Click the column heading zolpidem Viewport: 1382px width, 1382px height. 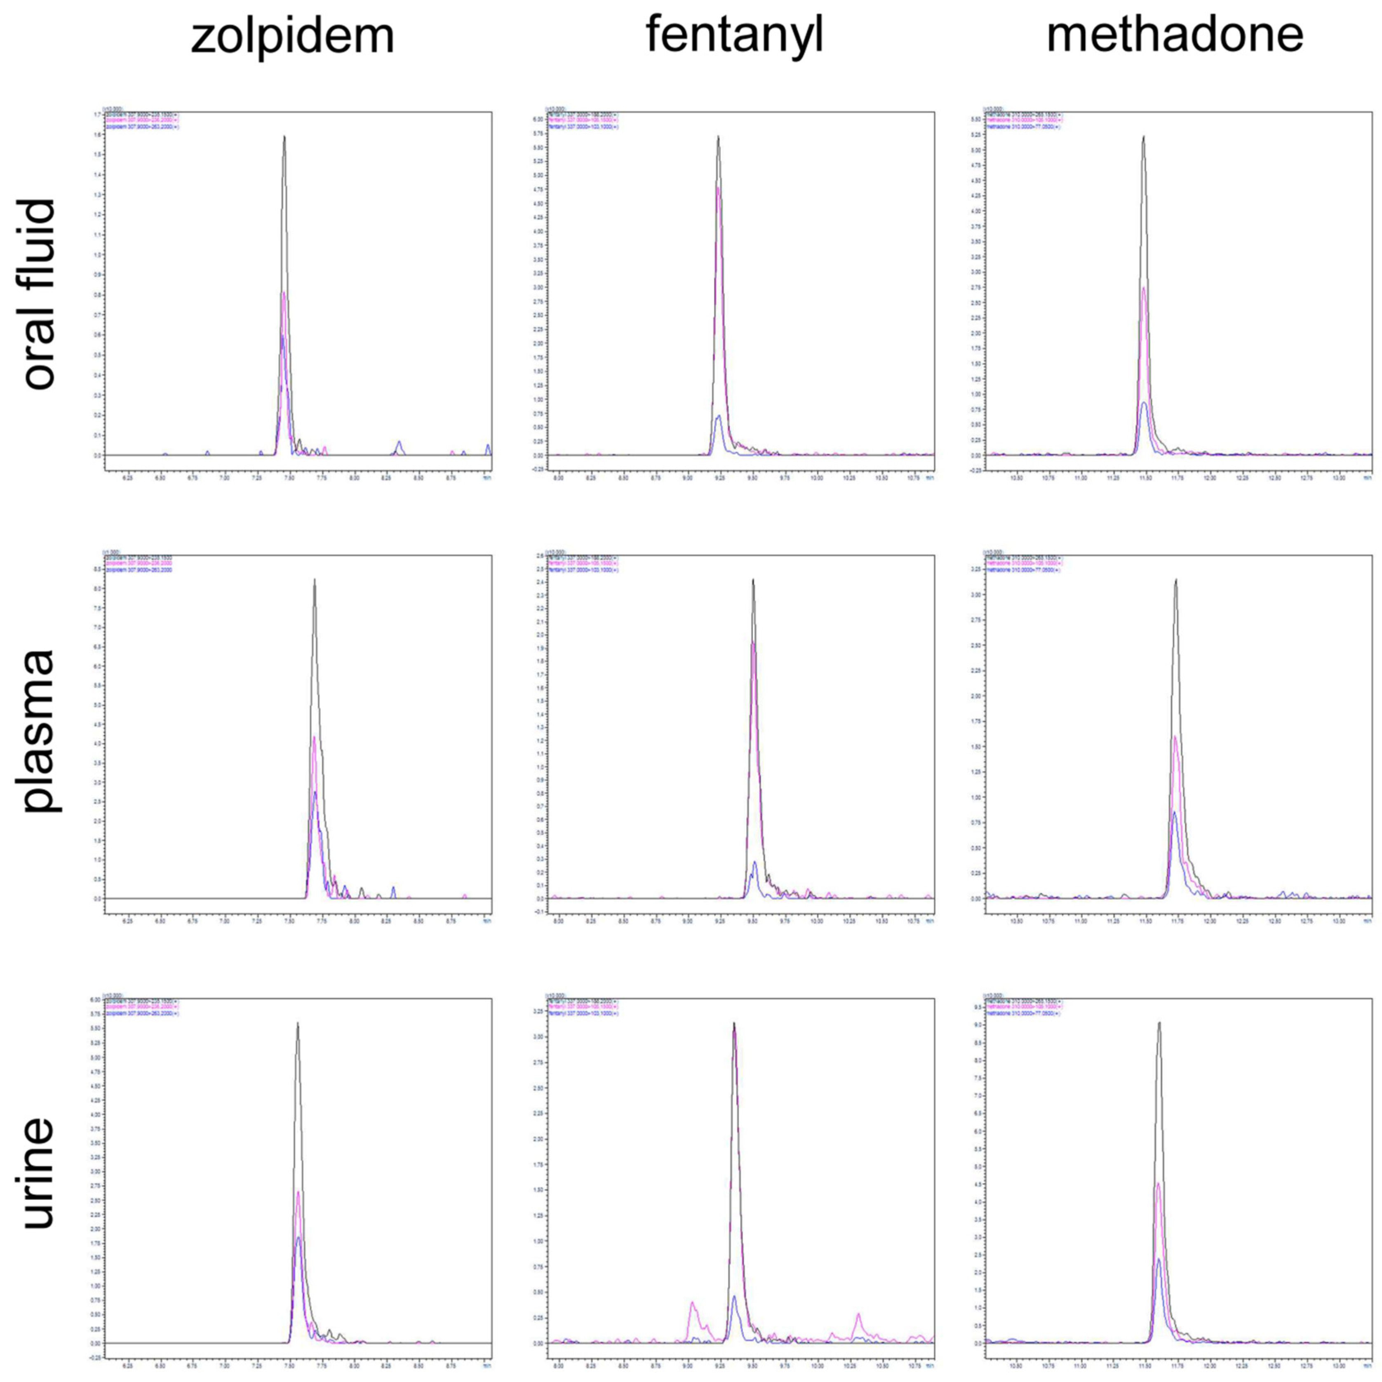click(x=293, y=36)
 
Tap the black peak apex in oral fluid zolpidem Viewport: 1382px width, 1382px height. click(x=285, y=136)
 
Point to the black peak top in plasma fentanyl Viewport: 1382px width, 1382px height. click(x=753, y=579)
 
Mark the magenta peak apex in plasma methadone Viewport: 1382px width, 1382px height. click(x=1175, y=736)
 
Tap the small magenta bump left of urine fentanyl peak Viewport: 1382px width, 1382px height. click(x=692, y=1302)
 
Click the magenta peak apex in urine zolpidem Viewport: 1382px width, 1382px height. click(x=298, y=1192)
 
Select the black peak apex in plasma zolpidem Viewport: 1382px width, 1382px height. click(x=315, y=579)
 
